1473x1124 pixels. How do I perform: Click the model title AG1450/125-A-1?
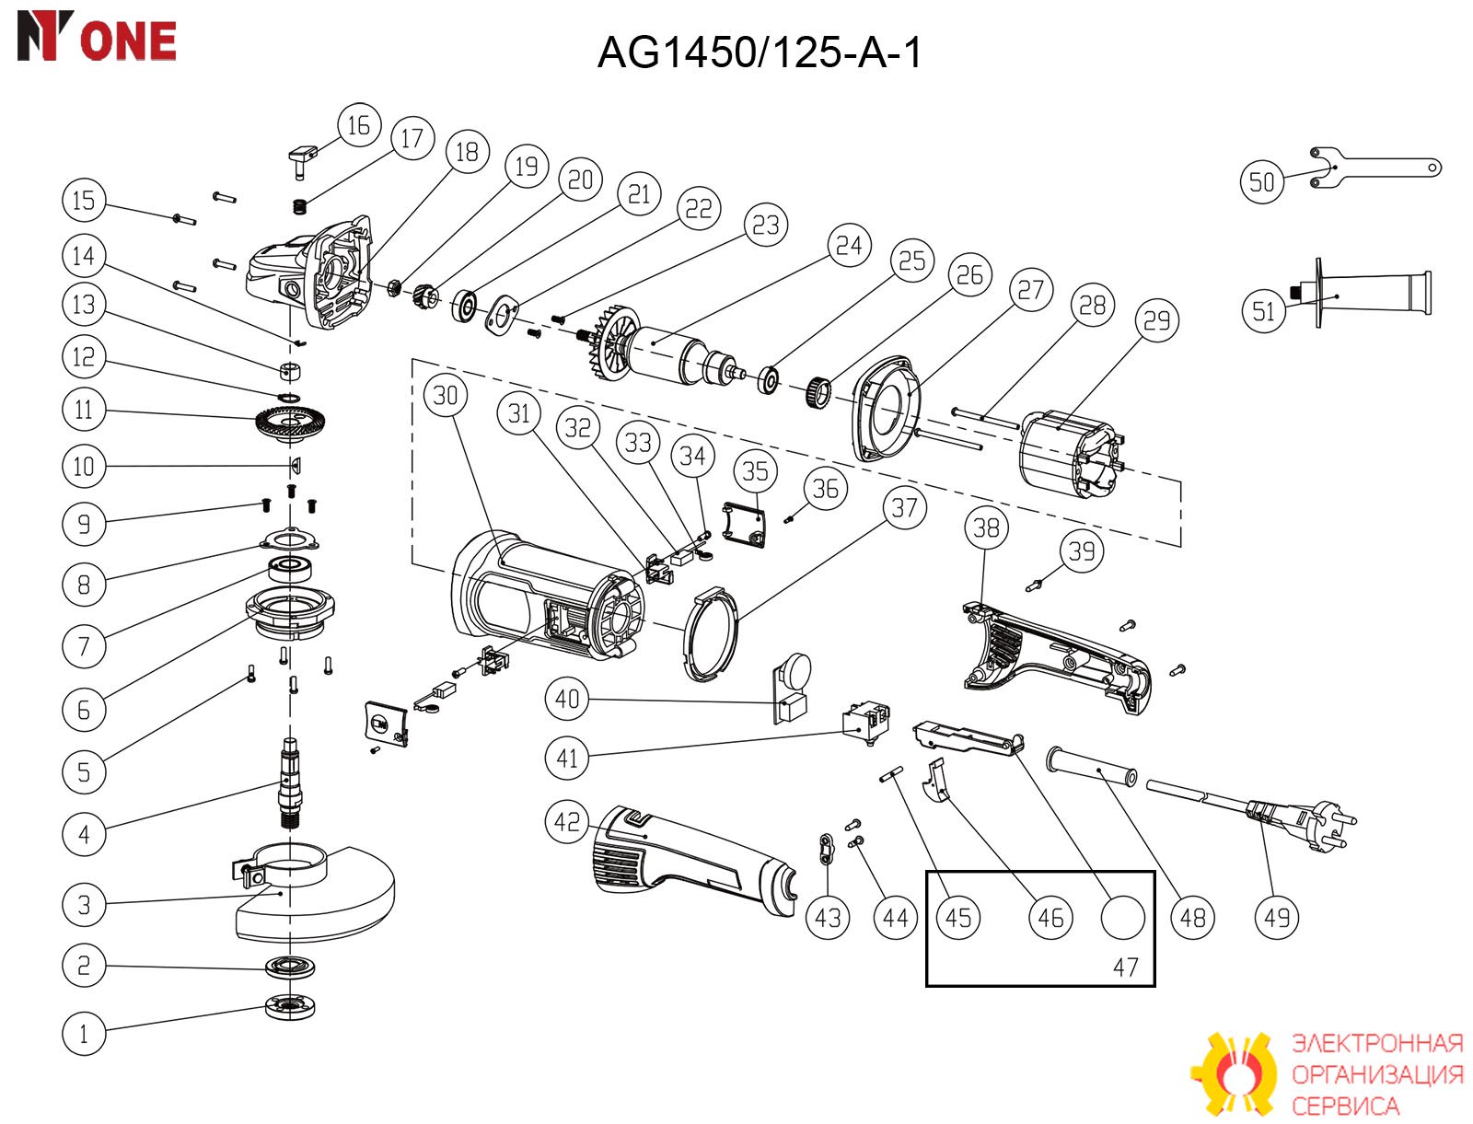tap(759, 52)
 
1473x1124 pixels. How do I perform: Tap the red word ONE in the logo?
tap(128, 41)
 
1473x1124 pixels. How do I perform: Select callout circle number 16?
tap(359, 125)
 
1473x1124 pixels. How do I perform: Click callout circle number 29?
tap(1156, 320)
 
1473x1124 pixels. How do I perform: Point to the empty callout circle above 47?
tap(1122, 917)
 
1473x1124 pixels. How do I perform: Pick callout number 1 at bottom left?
tap(83, 1034)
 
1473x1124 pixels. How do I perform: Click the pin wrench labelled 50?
tap(1374, 168)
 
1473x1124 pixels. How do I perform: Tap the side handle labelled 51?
tap(1363, 294)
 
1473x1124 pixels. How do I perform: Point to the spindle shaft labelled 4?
tap(290, 783)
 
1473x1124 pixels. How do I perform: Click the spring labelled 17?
tap(301, 206)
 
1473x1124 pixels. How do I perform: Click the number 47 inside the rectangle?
tap(1125, 967)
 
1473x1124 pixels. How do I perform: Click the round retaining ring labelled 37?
tap(710, 633)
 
